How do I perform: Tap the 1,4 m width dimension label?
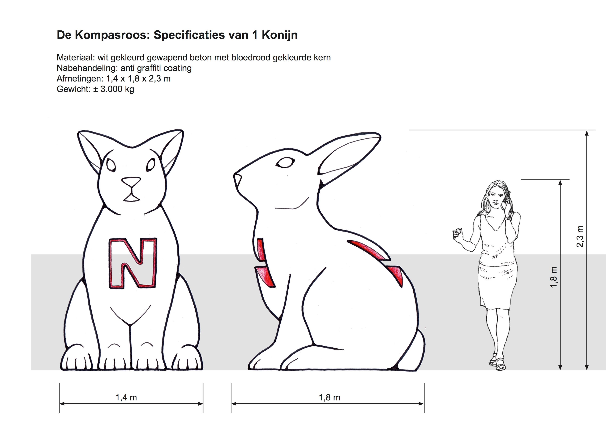(126, 398)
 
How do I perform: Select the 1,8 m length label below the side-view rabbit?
(329, 398)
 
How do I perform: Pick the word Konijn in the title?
(280, 35)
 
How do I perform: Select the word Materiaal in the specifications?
(75, 58)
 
